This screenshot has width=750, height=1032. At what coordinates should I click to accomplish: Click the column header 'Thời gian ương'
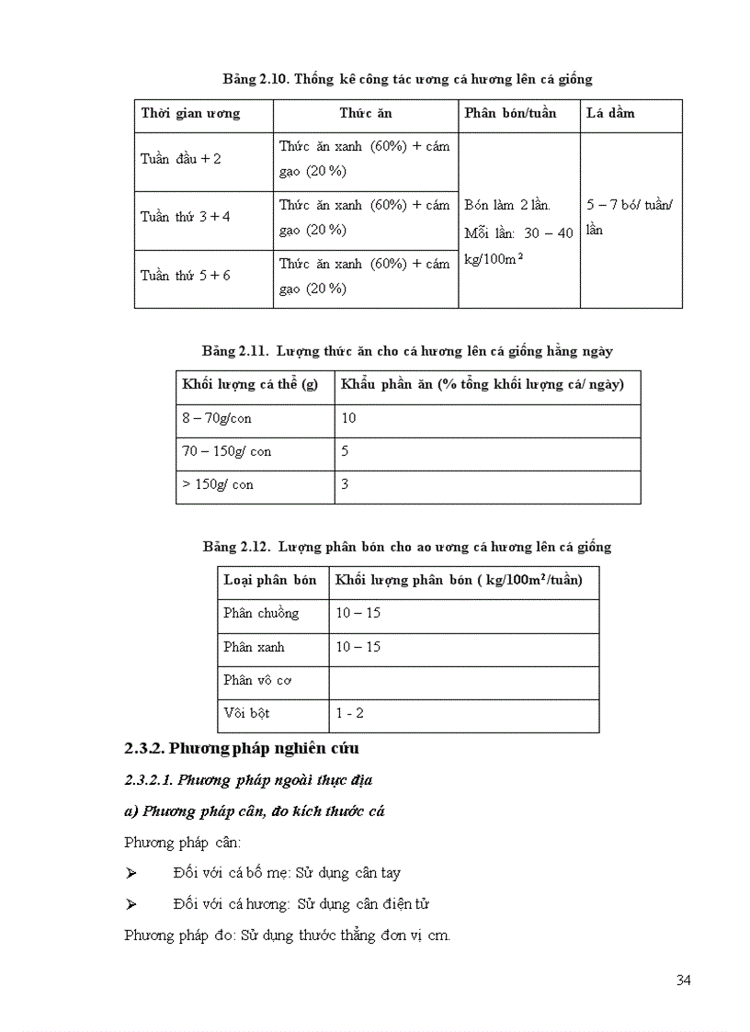pyautogui.click(x=190, y=113)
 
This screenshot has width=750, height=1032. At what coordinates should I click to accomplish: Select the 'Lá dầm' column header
pyautogui.click(x=610, y=113)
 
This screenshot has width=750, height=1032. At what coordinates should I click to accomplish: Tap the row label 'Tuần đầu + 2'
pyautogui.click(x=181, y=159)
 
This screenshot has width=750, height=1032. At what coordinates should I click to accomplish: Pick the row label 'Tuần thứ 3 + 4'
pyautogui.click(x=186, y=217)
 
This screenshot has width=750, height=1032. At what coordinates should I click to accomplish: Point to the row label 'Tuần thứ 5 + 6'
pyautogui.click(x=186, y=276)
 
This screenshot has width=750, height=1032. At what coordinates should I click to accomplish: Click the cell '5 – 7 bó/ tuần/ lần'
pyautogui.click(x=630, y=217)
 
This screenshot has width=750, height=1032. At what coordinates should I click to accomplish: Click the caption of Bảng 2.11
pyautogui.click(x=407, y=351)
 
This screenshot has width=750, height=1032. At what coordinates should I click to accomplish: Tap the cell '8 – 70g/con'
pyautogui.click(x=217, y=418)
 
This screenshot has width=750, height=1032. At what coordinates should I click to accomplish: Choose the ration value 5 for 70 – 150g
pyautogui.click(x=345, y=451)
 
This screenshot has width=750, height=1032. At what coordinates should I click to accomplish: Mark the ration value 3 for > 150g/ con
pyautogui.click(x=345, y=484)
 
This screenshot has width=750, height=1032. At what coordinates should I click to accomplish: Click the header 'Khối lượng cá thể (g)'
pyautogui.click(x=250, y=384)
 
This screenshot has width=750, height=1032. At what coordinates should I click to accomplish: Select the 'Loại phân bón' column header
pyautogui.click(x=269, y=580)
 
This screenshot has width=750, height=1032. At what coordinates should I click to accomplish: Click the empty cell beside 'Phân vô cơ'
pyautogui.click(x=463, y=680)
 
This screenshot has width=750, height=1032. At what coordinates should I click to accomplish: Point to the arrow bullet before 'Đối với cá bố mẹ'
pyautogui.click(x=131, y=873)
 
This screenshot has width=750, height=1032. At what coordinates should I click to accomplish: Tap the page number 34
pyautogui.click(x=683, y=980)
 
